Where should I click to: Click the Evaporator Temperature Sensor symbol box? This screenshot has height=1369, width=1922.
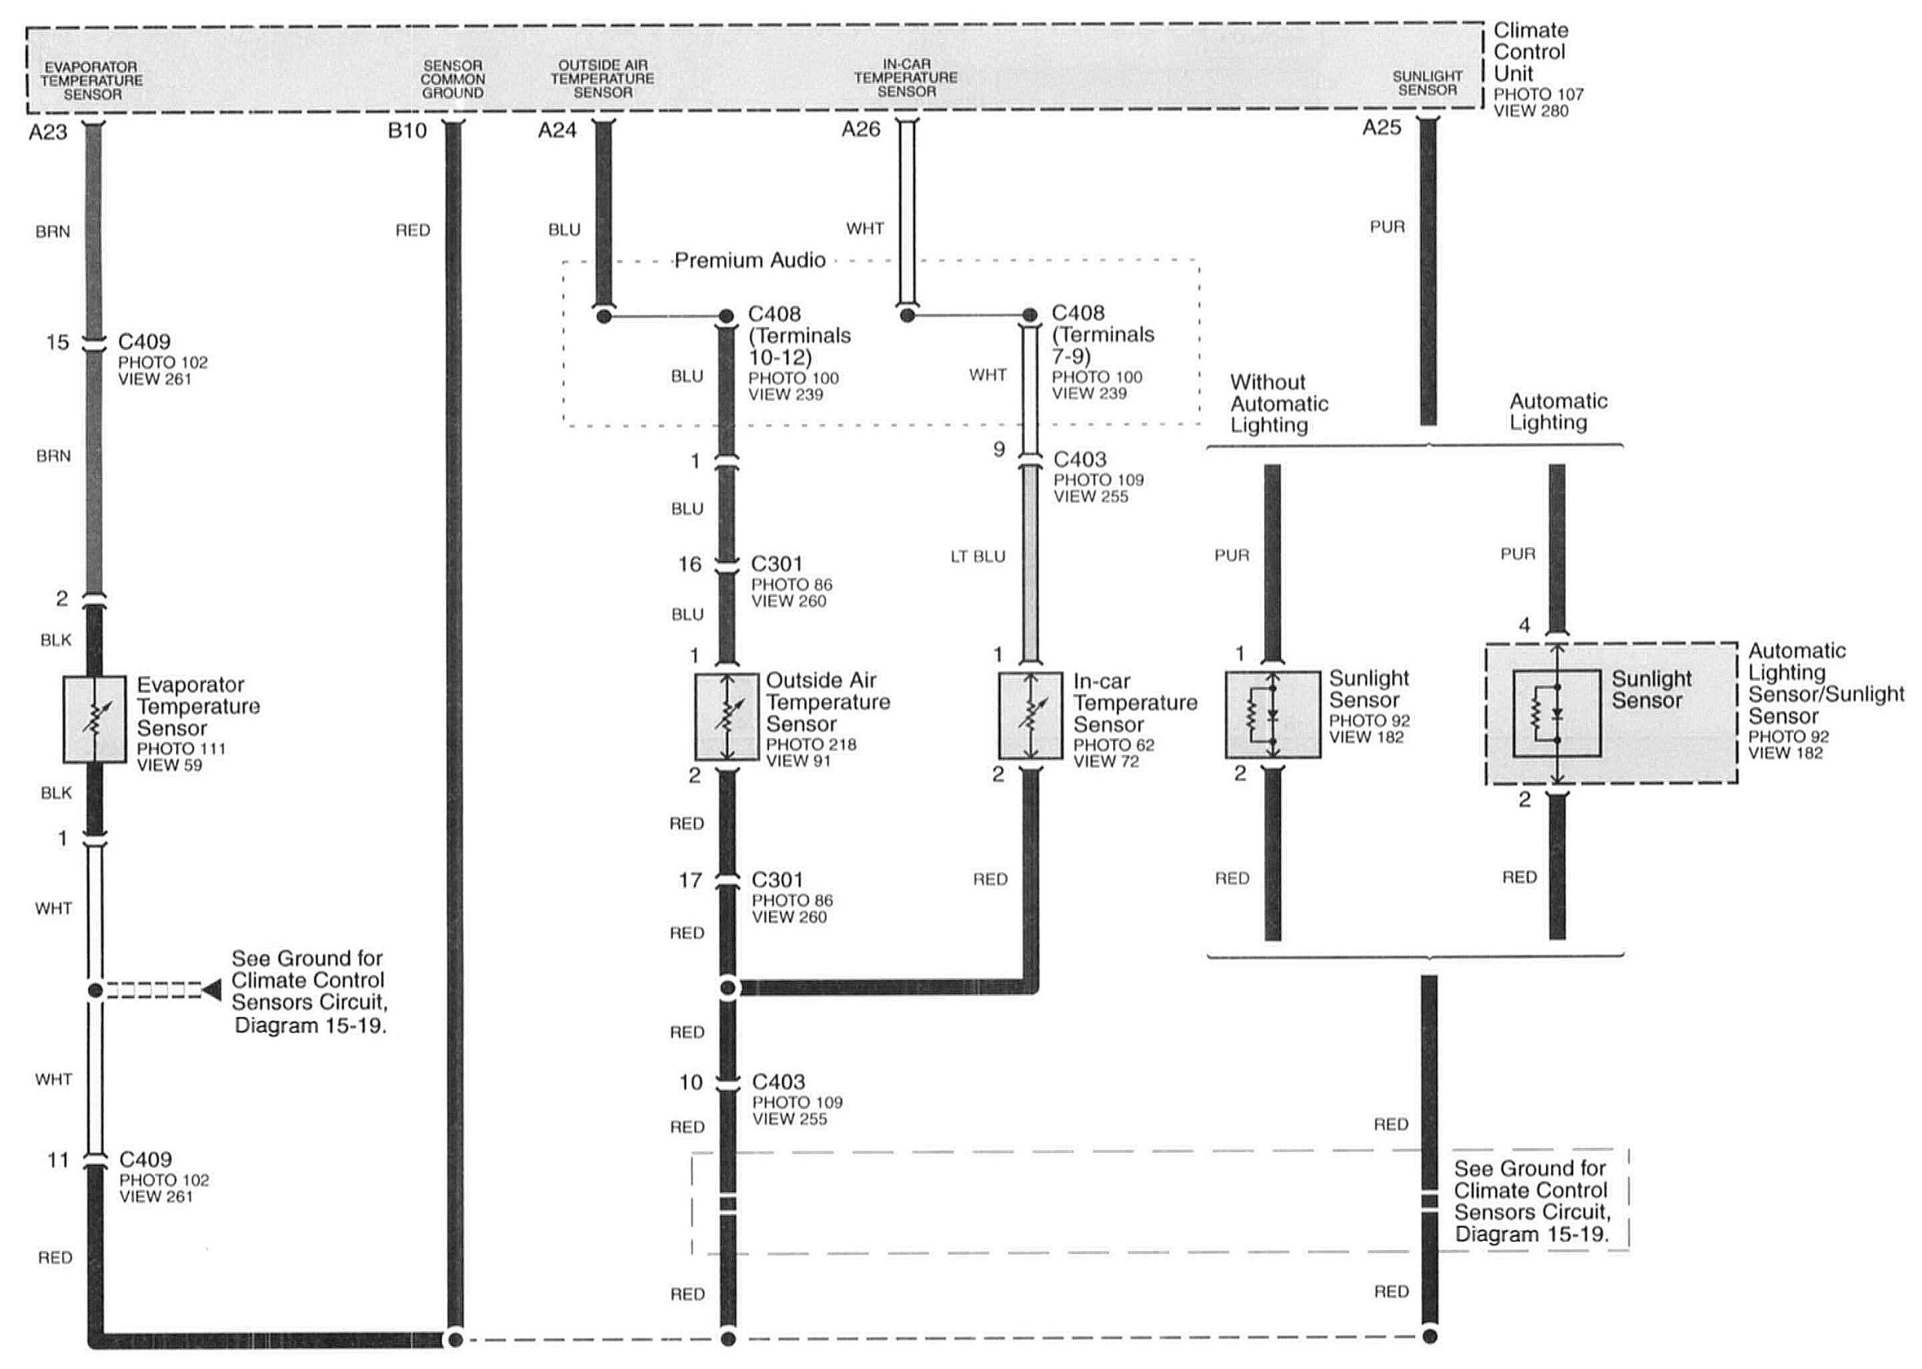coord(94,719)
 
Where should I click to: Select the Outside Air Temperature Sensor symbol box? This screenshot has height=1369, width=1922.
coord(726,717)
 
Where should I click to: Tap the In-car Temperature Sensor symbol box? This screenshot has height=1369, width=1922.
coord(1030,716)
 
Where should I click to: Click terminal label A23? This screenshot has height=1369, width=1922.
coord(47,132)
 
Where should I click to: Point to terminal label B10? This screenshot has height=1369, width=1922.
coord(407,130)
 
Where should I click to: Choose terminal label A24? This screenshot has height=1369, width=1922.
coord(557,130)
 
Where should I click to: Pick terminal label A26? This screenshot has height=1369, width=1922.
coord(861,129)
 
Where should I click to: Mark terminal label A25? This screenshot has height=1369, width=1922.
coord(1382,127)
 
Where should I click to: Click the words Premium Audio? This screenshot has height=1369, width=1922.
coord(749,260)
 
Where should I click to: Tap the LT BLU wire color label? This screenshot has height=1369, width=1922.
coord(978,556)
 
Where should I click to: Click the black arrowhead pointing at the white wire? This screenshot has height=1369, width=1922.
coord(211,989)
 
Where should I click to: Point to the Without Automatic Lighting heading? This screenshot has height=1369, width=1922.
coord(1278,404)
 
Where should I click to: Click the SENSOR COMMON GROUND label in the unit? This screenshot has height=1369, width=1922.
coord(453,79)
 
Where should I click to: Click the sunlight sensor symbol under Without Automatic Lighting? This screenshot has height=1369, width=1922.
coord(1272,715)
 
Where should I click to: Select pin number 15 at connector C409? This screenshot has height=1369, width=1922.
coord(57,343)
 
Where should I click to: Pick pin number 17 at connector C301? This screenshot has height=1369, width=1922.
coord(690,881)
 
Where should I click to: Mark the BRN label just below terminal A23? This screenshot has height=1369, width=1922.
coord(53,232)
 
